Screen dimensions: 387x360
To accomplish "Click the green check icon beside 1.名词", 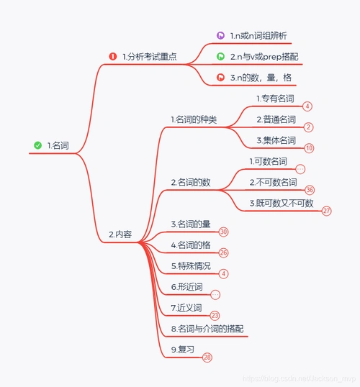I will tap(37, 145).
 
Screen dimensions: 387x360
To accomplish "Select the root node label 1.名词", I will tap(59, 145).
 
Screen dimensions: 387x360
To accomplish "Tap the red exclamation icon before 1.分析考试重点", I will tap(112, 56).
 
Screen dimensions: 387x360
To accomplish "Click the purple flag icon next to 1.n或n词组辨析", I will tap(220, 35).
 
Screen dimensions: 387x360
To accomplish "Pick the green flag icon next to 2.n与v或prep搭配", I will tap(220, 55).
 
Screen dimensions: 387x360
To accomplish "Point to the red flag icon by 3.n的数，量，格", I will tap(220, 76).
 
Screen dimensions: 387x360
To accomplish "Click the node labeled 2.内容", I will tap(120, 234).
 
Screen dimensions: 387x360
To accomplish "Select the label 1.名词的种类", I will tap(194, 119).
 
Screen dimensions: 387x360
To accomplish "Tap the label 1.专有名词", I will tap(274, 97).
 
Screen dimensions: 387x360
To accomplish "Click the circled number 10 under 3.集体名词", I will tap(309, 148).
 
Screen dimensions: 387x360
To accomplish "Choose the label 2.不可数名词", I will tap(273, 182).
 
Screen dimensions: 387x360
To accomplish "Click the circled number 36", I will tap(310, 190).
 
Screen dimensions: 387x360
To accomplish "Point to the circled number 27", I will tap(327, 211).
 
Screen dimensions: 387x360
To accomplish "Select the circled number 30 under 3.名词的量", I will tap(224, 232).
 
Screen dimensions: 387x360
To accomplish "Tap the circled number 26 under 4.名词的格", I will tap(224, 252).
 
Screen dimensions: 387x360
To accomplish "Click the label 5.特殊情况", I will tap(191, 265).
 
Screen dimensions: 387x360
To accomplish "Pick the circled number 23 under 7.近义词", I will tap(215, 315).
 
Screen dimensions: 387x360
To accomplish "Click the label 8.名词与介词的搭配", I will tap(208, 329).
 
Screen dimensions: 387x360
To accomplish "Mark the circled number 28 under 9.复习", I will tap(207, 357).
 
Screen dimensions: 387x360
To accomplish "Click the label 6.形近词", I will tap(186, 286).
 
